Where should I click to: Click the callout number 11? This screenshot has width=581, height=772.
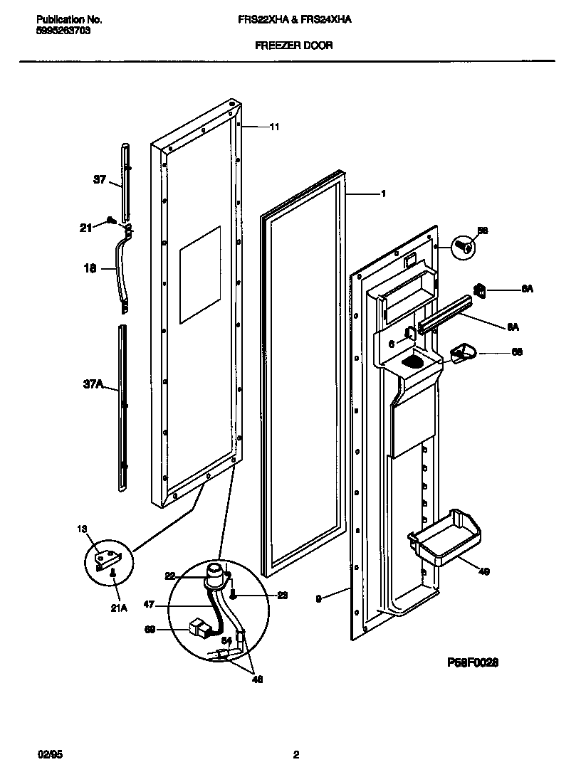tap(274, 127)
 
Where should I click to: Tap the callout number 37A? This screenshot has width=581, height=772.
tap(93, 385)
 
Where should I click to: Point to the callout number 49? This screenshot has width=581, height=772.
tap(483, 571)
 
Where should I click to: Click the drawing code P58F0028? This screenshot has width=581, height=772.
tap(472, 662)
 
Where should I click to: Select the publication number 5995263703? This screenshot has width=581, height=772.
tap(62, 31)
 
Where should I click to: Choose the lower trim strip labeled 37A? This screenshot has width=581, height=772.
tap(123, 408)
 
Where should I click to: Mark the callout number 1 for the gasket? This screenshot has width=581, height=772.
tap(383, 194)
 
